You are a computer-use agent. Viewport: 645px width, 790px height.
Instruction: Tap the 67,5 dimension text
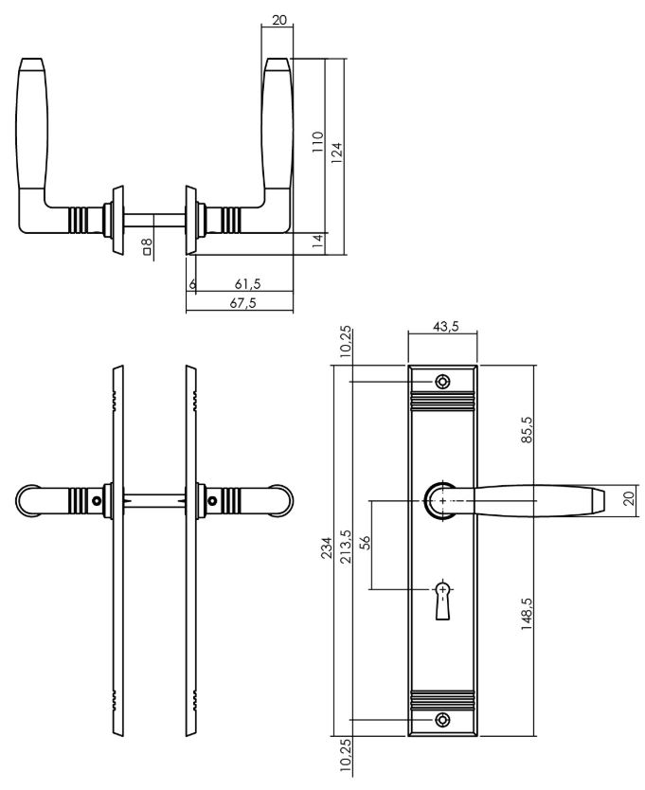[x=243, y=303]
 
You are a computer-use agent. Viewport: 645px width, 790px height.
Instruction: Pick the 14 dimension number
[x=318, y=242]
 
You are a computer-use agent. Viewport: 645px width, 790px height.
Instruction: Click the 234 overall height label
[x=328, y=550]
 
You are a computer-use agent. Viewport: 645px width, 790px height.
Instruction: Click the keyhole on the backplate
[x=442, y=599]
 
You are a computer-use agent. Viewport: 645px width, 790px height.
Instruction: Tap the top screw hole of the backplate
[x=442, y=382]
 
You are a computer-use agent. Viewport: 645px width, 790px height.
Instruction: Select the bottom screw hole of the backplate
[x=442, y=720]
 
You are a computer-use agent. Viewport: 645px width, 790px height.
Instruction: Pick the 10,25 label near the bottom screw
[x=345, y=757]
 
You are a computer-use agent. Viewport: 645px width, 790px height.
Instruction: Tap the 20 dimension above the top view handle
[x=278, y=18]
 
